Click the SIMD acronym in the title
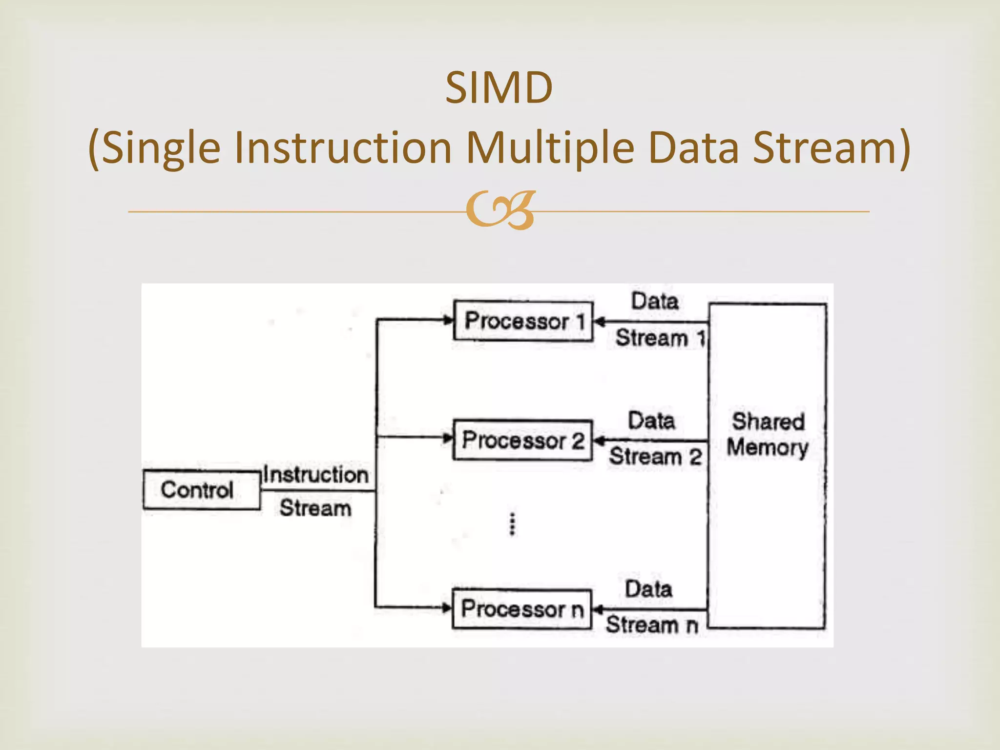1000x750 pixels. coord(499,88)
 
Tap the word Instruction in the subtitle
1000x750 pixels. coord(343,147)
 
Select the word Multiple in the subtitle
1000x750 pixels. coord(550,147)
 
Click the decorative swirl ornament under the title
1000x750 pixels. coord(500,211)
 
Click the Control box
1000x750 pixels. coord(201,490)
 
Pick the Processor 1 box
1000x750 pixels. coord(523,321)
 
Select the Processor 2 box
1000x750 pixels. coord(522,440)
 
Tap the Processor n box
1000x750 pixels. coord(521,609)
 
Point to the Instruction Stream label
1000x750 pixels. coord(315,491)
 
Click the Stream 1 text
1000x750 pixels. coord(660,338)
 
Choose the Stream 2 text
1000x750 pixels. coord(655,457)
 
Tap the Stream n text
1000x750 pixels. coord(652,625)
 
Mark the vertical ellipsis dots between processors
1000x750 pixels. coord(512,524)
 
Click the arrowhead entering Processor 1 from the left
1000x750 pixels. coord(448,320)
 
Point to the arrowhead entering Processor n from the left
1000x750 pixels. coord(447,608)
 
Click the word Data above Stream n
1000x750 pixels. coord(648,589)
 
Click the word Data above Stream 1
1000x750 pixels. coord(655,301)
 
